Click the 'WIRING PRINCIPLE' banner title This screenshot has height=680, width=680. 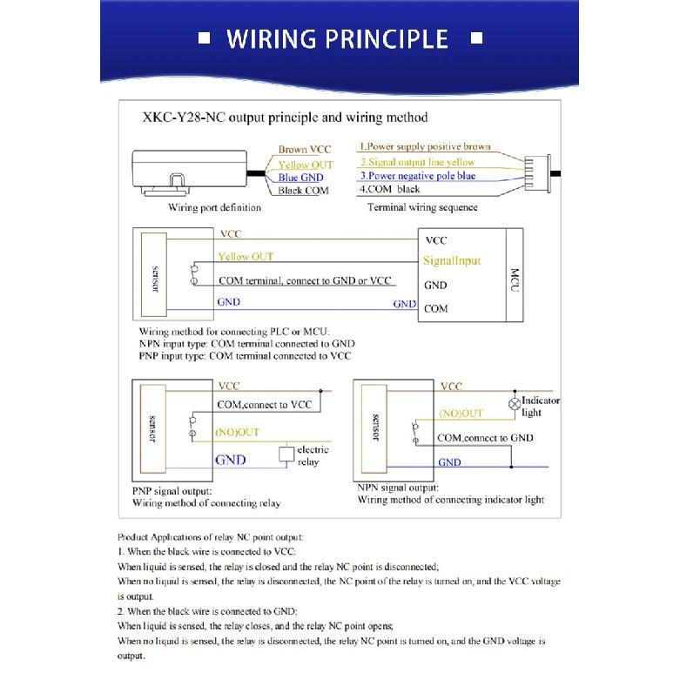[337, 39]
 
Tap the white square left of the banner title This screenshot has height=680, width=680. [204, 38]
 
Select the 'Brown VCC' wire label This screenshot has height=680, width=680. [305, 149]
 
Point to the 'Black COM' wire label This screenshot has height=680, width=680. [303, 191]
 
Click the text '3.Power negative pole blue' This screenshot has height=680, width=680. [418, 176]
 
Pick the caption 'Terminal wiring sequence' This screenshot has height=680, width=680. [422, 207]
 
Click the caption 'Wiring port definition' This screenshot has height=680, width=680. [215, 207]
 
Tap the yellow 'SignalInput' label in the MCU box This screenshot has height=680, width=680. [452, 260]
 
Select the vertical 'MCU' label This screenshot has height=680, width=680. [515, 279]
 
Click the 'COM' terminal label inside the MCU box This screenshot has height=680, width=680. [436, 309]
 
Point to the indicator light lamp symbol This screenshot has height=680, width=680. [515, 404]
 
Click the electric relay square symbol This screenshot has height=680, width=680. [286, 454]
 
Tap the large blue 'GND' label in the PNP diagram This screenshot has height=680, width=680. [230, 460]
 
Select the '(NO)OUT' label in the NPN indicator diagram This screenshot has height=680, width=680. [461, 414]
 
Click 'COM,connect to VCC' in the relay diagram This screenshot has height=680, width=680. [265, 405]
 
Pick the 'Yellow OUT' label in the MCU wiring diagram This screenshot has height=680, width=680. [246, 256]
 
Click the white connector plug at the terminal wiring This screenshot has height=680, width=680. [537, 173]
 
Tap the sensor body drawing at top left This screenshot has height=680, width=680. [190, 172]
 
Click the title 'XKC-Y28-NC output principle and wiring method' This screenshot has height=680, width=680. [286, 118]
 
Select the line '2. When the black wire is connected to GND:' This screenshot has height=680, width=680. [207, 611]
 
